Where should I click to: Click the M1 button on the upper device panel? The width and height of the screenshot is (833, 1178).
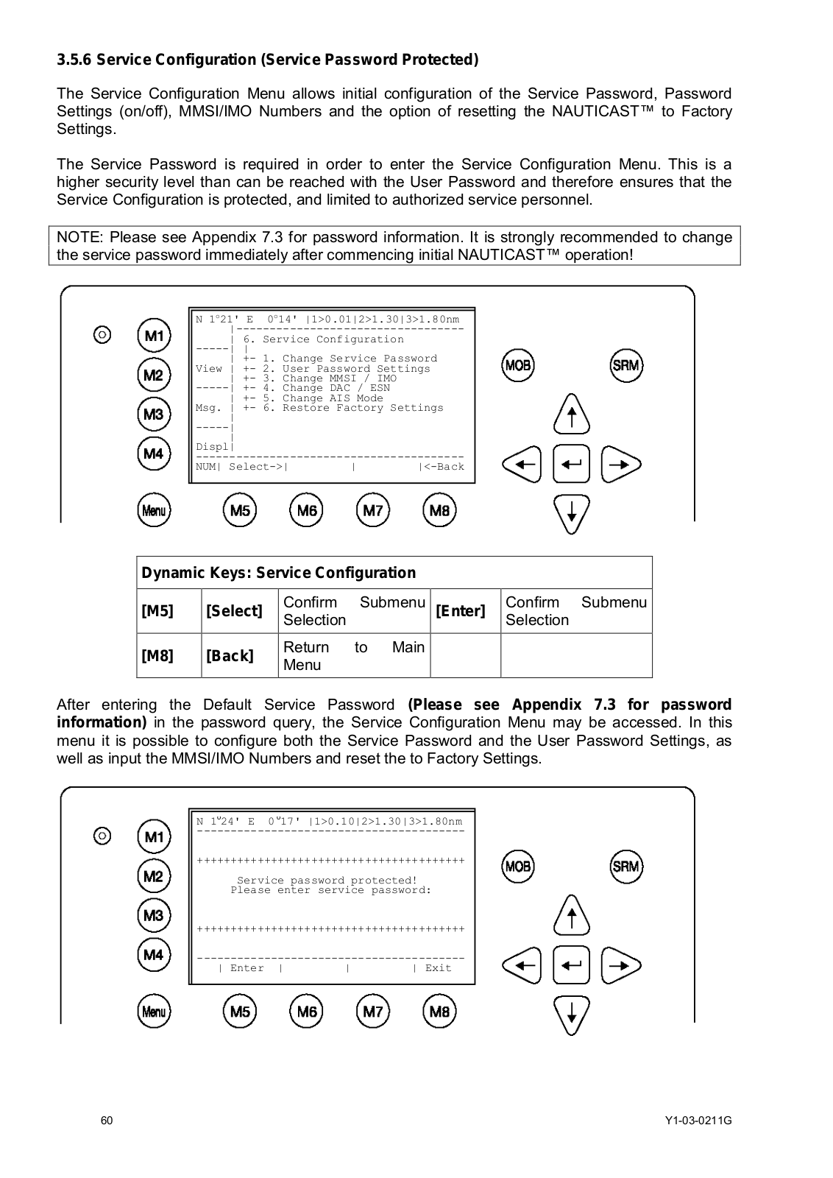pyautogui.click(x=154, y=336)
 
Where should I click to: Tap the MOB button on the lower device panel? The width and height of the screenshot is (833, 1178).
pyautogui.click(x=518, y=866)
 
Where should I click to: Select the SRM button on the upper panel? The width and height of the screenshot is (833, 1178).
pyautogui.click(x=626, y=365)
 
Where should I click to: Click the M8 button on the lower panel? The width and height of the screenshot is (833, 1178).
pyautogui.click(x=439, y=1011)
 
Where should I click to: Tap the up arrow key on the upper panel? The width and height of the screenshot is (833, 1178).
pyautogui.click(x=572, y=415)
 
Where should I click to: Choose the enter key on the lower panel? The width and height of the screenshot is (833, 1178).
pyautogui.click(x=572, y=965)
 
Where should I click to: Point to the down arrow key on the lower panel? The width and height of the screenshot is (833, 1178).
pyautogui.click(x=572, y=1015)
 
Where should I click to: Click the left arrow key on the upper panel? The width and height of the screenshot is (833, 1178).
pyautogui.click(x=522, y=465)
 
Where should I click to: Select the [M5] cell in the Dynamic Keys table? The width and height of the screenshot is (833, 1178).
pyautogui.click(x=157, y=611)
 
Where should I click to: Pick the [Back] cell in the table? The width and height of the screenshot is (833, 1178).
pyautogui.click(x=230, y=655)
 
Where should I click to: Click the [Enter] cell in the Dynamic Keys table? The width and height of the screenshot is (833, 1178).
pyautogui.click(x=461, y=611)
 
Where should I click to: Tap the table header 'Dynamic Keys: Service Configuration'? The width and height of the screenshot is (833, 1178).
pyautogui.click(x=279, y=573)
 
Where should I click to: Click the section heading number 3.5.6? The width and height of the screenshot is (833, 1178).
pyautogui.click(x=74, y=60)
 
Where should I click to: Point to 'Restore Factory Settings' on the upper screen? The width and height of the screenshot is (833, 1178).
pyautogui.click(x=362, y=408)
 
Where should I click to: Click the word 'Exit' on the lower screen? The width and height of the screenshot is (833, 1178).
pyautogui.click(x=438, y=968)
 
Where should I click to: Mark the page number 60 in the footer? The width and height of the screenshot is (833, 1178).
pyautogui.click(x=107, y=1121)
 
